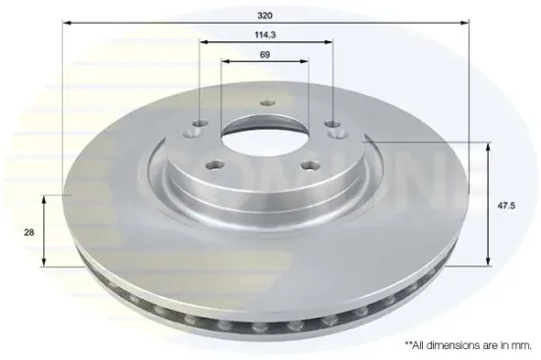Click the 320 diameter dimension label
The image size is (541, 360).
pos(265,16)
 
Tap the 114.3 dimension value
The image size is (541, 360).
pos(265,34)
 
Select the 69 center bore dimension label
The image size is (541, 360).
pos(265,54)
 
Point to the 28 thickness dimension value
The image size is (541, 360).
pos(29,233)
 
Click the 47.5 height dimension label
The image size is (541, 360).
pos(507,206)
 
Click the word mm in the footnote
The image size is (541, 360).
pos(523,345)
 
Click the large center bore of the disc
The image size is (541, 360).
pos(265,134)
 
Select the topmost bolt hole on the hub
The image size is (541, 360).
pos(268,103)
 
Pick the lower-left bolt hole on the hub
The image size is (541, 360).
pos(215,165)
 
